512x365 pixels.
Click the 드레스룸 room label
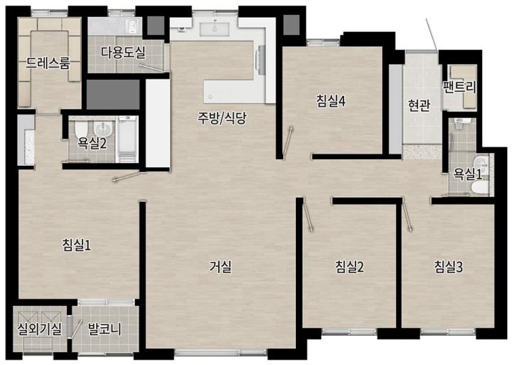coord(48,63)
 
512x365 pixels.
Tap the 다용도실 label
coord(123,52)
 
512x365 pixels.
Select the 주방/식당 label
coord(222,118)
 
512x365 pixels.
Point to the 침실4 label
coord(331,101)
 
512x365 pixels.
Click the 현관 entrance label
coord(419,105)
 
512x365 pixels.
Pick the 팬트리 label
coord(459,88)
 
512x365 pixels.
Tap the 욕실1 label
coord(467,174)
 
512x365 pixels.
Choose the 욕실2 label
coord(92,143)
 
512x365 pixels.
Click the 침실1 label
coord(77,245)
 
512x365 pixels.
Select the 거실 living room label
coord(220,267)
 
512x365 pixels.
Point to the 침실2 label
coord(349,267)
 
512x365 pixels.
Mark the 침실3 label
coord(448,267)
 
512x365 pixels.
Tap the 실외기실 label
coord(40,329)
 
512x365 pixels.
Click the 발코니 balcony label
coord(105,329)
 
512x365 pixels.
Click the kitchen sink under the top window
coord(215,29)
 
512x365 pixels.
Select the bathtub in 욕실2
coord(127,139)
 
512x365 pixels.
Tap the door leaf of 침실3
coord(407,216)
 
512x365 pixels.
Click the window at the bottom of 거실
coord(221,352)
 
